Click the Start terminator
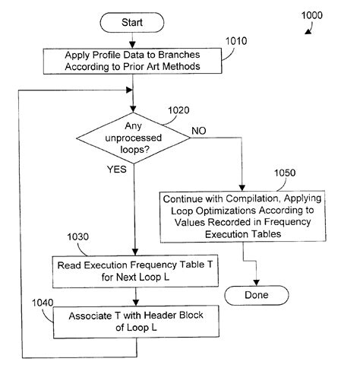(x=132, y=22)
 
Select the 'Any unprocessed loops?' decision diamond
(x=132, y=138)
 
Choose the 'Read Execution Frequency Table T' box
(x=133, y=271)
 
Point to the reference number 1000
(x=326, y=14)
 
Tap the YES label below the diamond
(x=117, y=170)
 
